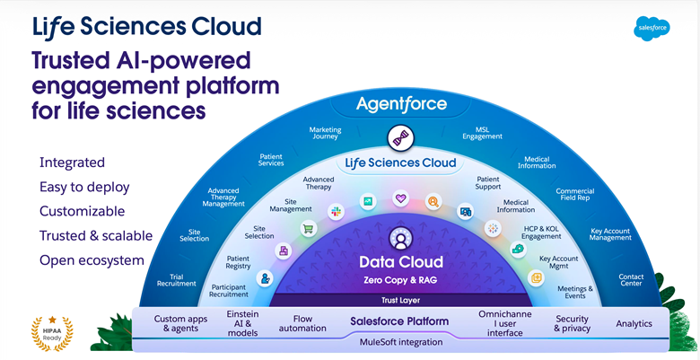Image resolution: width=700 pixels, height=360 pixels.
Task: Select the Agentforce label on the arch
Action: point(401,104)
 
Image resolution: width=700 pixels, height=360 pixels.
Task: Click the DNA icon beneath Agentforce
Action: point(400,137)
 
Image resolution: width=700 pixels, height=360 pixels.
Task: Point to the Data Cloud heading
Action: point(401,262)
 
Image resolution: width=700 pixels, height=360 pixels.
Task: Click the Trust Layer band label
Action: point(400,300)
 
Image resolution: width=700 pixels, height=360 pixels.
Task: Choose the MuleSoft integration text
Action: point(401,342)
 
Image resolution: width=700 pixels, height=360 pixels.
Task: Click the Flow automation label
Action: point(302,323)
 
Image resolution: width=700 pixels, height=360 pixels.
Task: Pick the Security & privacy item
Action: point(572,323)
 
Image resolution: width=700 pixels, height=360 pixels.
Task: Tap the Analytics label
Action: point(634,323)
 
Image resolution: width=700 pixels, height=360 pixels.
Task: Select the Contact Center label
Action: point(631,280)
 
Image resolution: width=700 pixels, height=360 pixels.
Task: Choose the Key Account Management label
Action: point(610,234)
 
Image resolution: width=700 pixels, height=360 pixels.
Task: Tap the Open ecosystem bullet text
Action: point(92,260)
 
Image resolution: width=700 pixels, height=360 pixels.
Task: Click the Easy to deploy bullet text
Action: point(84,187)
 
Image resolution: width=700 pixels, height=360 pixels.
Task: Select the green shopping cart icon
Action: point(308,228)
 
